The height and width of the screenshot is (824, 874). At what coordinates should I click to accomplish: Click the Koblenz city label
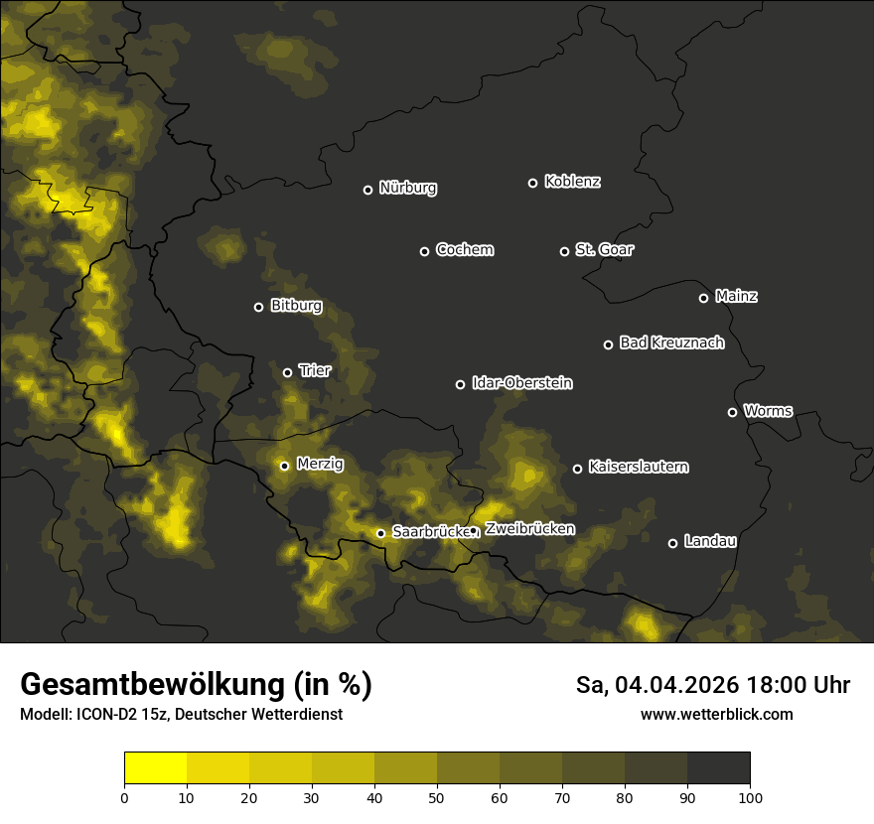pos(572,182)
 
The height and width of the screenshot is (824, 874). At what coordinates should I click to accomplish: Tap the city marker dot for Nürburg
pos(367,190)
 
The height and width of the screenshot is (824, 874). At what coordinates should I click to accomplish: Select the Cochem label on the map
pos(464,249)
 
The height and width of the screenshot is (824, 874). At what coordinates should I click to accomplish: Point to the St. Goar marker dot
pos(564,251)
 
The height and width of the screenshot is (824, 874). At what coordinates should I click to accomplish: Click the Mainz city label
pos(736,296)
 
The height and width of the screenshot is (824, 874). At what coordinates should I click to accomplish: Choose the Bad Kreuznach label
pos(671,343)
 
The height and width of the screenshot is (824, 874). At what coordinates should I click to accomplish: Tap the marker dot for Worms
pos(732,412)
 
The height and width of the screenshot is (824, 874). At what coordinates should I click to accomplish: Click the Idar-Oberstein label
pos(521,382)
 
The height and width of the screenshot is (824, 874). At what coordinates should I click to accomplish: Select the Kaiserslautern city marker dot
pos(577,469)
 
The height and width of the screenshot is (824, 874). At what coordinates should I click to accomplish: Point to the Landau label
pos(710,541)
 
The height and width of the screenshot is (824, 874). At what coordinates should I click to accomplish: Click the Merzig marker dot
pos(284,466)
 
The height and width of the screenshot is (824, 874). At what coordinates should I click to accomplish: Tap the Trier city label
pos(314,370)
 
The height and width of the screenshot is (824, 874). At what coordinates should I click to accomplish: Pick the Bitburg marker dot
pos(258,307)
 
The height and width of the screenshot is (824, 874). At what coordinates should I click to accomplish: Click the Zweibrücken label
pos(529,529)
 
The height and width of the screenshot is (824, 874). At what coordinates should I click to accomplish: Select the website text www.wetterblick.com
pos(716,714)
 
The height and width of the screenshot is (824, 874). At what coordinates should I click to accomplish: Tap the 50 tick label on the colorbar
pos(437,797)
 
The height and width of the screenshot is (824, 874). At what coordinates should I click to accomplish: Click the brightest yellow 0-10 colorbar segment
pos(156,768)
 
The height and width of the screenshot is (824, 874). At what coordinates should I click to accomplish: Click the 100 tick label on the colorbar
pos(749,797)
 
